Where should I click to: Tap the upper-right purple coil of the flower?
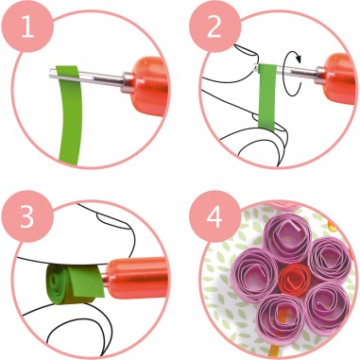(327, 254)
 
